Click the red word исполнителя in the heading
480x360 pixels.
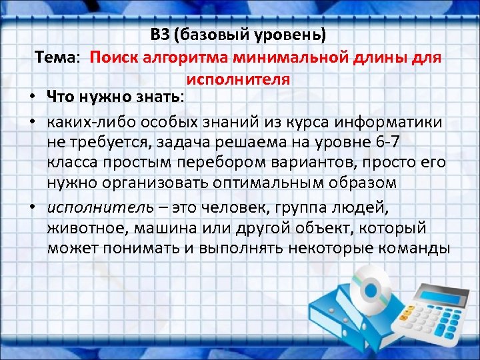click(x=238, y=79)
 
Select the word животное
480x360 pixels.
click(x=85, y=228)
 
